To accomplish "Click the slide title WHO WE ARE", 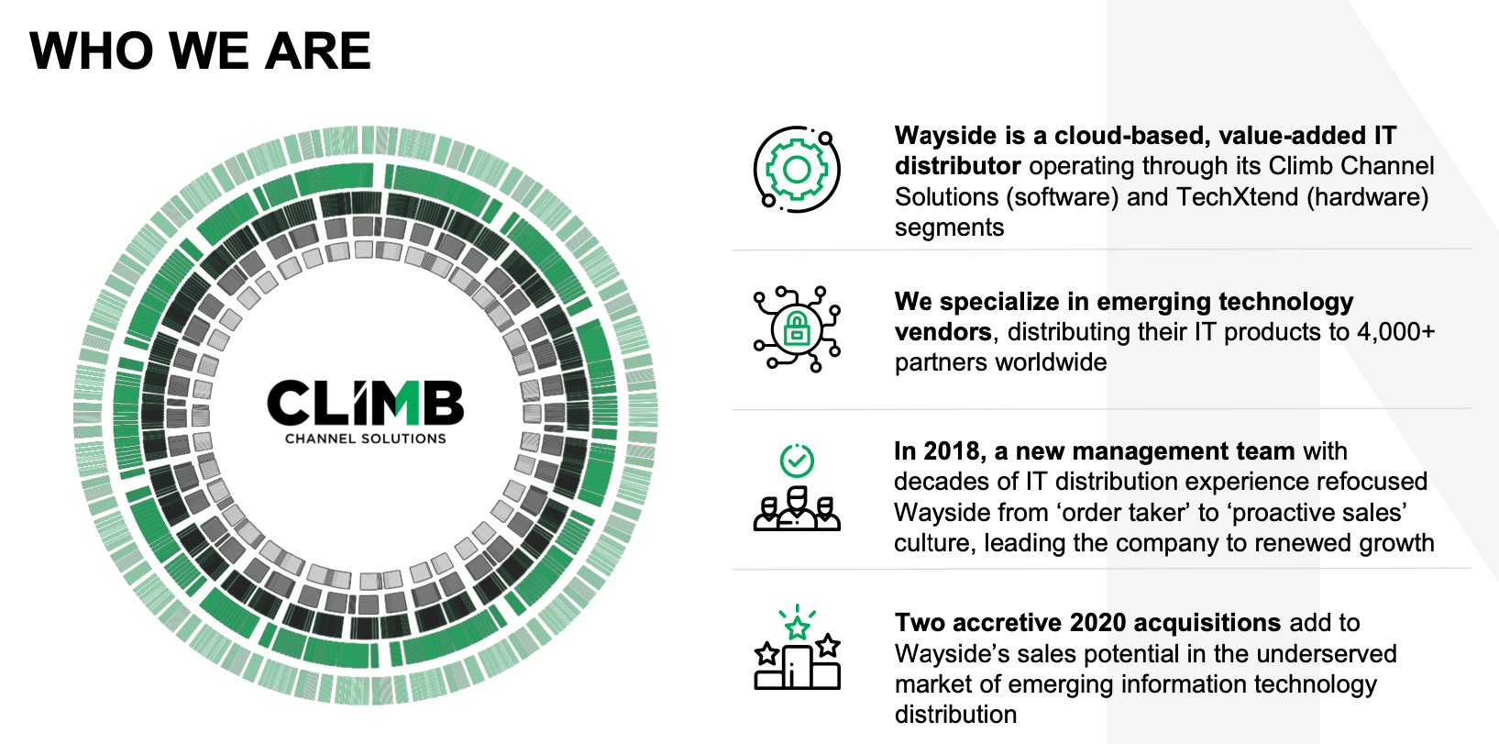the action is pyautogui.click(x=200, y=50).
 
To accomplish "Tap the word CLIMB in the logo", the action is pyautogui.click(x=366, y=403).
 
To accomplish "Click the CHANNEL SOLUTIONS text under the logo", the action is pyautogui.click(x=366, y=439).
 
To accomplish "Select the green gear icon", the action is pyautogui.click(x=797, y=170).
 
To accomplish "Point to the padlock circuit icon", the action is pyautogui.click(x=797, y=328).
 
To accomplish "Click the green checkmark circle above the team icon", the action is pyautogui.click(x=797, y=461).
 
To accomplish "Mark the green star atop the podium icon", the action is pyautogui.click(x=797, y=628).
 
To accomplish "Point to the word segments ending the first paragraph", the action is pyautogui.click(x=950, y=228).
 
